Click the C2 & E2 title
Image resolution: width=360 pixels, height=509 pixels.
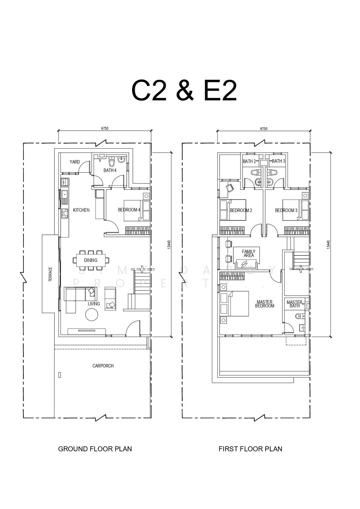(x=184, y=91)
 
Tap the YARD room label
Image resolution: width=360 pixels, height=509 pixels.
(x=75, y=162)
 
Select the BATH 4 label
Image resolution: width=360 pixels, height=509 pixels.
(x=110, y=170)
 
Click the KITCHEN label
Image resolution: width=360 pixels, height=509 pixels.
(x=81, y=210)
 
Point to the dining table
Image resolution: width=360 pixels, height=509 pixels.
(x=91, y=260)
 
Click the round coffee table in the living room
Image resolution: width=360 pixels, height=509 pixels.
(x=92, y=315)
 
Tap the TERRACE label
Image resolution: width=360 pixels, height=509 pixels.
(x=50, y=274)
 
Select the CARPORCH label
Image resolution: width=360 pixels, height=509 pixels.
(x=103, y=366)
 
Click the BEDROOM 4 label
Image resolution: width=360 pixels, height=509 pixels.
(x=129, y=210)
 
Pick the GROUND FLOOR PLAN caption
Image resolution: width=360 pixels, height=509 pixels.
(x=95, y=449)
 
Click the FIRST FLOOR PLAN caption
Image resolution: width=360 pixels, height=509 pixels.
(x=250, y=449)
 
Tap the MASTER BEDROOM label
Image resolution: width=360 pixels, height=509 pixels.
(x=265, y=304)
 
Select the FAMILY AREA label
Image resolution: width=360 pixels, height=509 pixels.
(x=249, y=253)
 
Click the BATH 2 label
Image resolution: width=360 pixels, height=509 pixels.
(x=249, y=161)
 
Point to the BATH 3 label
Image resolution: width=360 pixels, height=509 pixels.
(x=278, y=161)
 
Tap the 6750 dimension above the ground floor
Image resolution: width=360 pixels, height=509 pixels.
(x=105, y=128)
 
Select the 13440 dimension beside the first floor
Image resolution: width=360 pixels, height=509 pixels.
(x=327, y=245)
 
